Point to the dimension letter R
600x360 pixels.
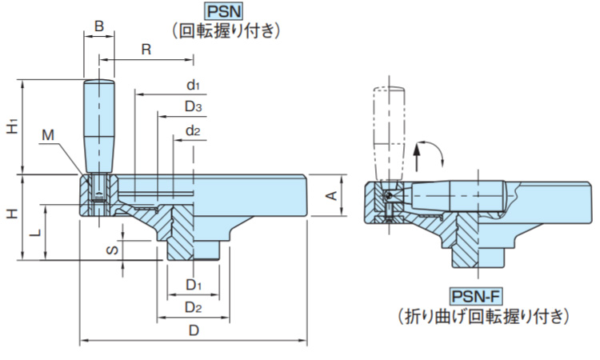pos(146,49)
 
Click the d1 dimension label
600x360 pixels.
pos(193,84)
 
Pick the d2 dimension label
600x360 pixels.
pos(193,130)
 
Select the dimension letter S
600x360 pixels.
pos(113,250)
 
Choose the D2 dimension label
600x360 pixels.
pos(193,306)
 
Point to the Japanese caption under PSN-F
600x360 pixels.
pos(484,316)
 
